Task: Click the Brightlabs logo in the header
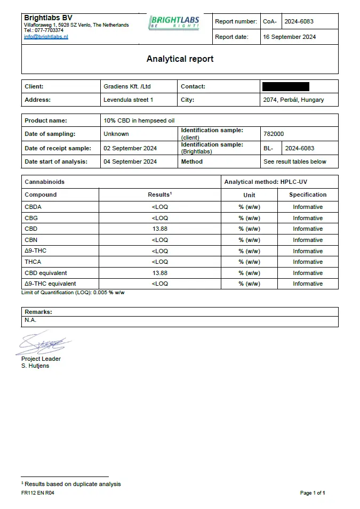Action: (174, 22)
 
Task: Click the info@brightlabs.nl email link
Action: (46, 37)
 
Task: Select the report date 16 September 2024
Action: (290, 37)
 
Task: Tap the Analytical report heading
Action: (180, 59)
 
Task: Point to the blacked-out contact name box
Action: (285, 86)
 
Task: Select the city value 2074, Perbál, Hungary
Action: (293, 100)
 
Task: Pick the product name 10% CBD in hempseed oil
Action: (139, 120)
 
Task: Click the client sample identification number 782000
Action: (274, 134)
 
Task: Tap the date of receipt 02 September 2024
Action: (130, 148)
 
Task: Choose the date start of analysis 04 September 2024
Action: (130, 161)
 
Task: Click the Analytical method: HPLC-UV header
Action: (266, 182)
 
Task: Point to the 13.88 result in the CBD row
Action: (159, 229)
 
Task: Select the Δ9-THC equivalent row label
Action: (51, 284)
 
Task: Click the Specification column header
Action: (308, 195)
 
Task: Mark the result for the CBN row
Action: (159, 240)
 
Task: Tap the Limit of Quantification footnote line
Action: (73, 292)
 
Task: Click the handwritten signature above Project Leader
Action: (43, 344)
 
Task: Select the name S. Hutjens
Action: (35, 366)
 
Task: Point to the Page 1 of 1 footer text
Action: (313, 493)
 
